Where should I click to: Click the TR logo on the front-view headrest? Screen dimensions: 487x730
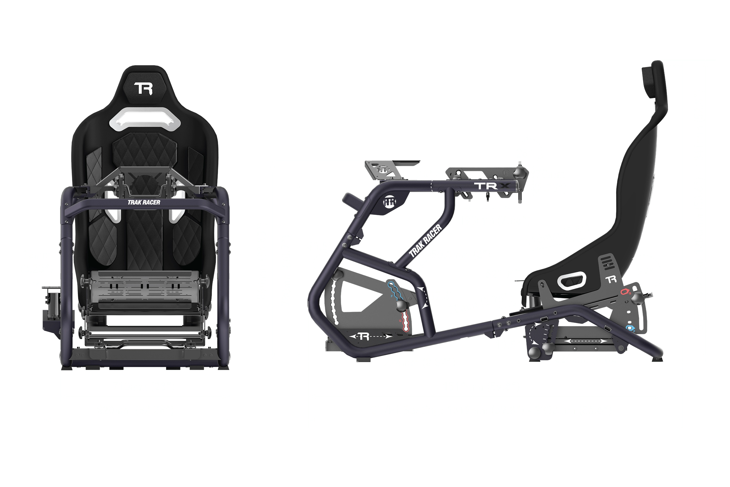click(143, 89)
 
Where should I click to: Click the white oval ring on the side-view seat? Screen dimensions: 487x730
click(571, 281)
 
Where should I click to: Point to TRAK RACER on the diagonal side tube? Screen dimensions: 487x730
click(425, 241)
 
